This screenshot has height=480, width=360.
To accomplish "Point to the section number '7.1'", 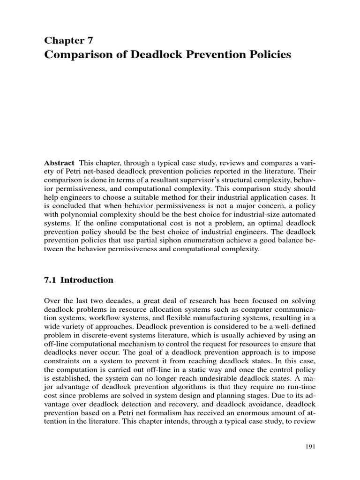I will tap(50, 280).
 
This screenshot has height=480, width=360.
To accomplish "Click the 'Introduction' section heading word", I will tap(87, 280).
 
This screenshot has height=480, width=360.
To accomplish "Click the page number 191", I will tap(309, 447).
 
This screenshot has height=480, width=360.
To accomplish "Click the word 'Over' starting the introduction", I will tap(52, 300).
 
